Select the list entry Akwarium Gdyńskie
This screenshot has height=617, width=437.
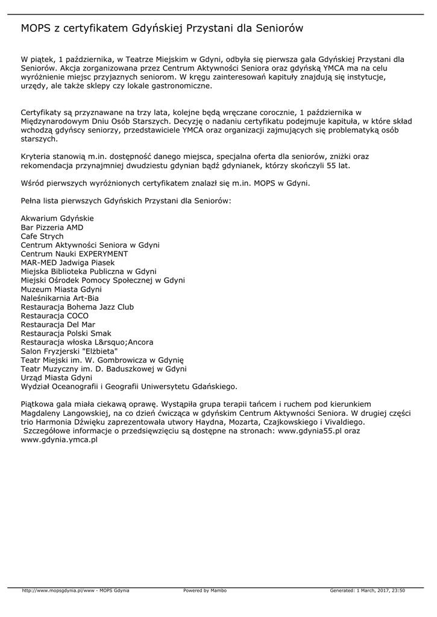(x=57, y=219)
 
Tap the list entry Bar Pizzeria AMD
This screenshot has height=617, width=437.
(x=52, y=228)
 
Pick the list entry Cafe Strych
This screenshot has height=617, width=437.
(x=42, y=237)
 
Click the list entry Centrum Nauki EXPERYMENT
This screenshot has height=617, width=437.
(x=74, y=254)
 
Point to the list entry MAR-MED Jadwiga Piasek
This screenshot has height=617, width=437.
(x=68, y=263)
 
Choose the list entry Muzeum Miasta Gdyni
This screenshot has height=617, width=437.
(x=61, y=289)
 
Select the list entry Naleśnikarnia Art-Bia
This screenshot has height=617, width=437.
(x=60, y=298)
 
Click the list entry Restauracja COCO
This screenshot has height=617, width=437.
(x=55, y=316)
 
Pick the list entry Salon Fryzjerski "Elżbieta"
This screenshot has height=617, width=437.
(x=69, y=351)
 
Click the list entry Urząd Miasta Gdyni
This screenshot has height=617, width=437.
(x=56, y=378)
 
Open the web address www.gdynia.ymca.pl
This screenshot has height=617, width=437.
(x=59, y=440)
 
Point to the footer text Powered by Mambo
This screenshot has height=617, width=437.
(x=205, y=590)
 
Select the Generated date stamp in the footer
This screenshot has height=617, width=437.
(x=367, y=590)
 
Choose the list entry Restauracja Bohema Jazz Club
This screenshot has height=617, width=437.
(x=77, y=307)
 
